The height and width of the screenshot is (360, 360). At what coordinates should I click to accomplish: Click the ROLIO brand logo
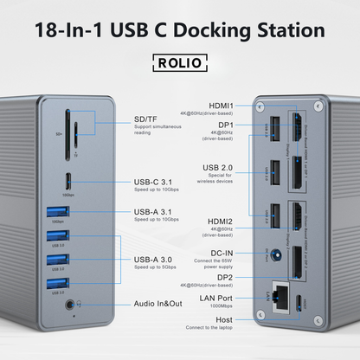(179, 63)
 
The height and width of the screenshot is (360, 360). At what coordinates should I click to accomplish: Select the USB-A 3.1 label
(157, 211)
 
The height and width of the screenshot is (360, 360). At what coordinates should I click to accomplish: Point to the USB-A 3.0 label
(157, 259)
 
